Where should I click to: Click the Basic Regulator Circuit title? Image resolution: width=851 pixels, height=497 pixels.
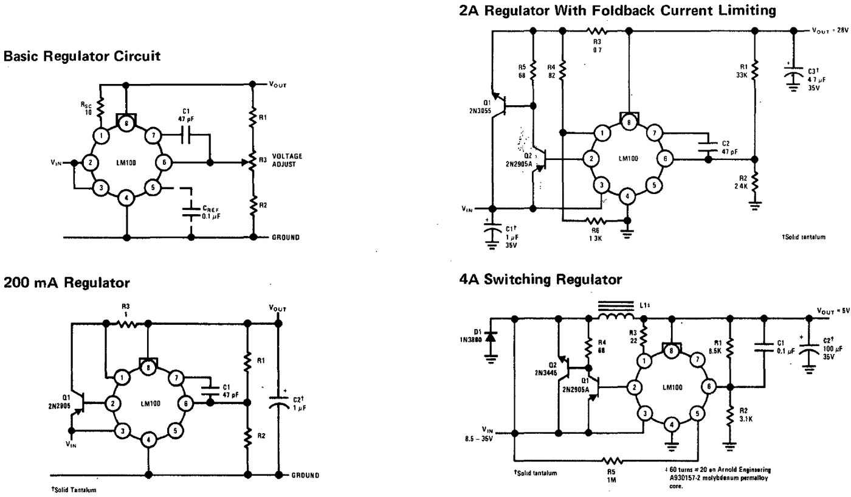click(x=82, y=57)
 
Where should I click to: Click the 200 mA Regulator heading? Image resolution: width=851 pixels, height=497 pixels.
click(x=67, y=282)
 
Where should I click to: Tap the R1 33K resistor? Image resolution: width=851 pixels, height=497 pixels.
click(x=754, y=70)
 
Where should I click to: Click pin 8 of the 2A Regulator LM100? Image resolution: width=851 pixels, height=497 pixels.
click(x=628, y=122)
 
